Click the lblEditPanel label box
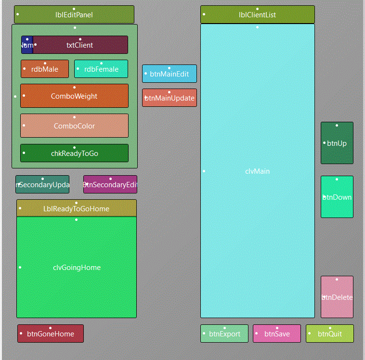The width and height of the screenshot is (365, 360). [x=74, y=15]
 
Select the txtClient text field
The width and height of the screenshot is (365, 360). [x=80, y=45]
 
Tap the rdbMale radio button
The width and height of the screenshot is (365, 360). [x=45, y=69]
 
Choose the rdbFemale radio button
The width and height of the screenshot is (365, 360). [x=101, y=69]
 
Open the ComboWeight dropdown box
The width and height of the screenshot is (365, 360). [x=74, y=96]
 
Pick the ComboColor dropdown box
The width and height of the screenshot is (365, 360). [x=74, y=126]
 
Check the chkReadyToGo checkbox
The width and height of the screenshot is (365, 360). [x=74, y=154]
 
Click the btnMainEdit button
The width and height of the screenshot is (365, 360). [x=169, y=74]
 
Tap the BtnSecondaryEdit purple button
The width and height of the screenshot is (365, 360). [x=110, y=185]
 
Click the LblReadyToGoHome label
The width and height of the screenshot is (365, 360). [x=76, y=209]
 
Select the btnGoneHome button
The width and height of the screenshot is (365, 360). [x=51, y=334]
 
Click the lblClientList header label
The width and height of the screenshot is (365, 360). [x=257, y=15]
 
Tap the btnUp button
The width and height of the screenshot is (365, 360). [x=337, y=143]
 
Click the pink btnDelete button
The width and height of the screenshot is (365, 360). [x=337, y=297]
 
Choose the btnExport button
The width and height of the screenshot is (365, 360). [x=224, y=334]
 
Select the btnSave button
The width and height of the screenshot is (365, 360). [x=277, y=334]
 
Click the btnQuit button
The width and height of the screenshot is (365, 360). [x=330, y=334]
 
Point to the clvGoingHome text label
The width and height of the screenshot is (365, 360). [x=77, y=268]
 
